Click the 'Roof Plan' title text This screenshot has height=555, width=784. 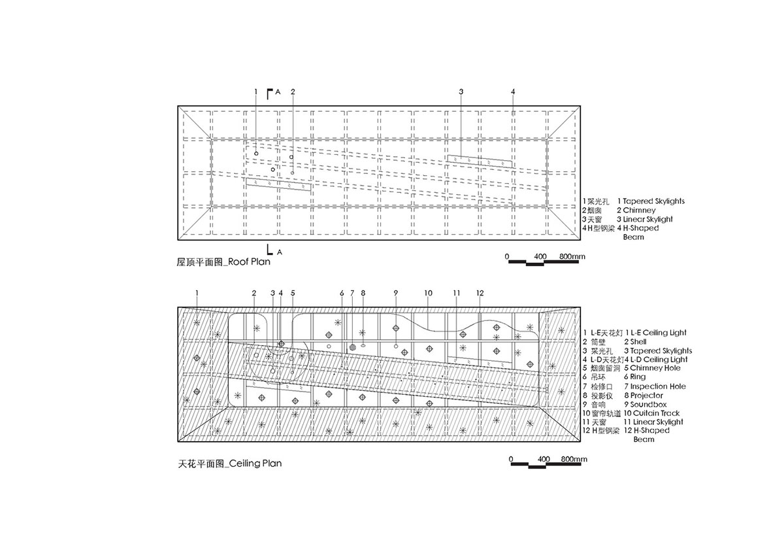coord(249,262)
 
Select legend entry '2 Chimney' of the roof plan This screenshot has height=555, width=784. coord(636,210)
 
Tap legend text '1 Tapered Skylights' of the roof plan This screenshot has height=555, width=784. coord(651,201)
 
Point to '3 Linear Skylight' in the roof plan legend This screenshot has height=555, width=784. coord(645,220)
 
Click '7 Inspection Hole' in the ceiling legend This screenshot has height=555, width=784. coord(655,386)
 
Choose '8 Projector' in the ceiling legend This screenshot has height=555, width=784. coord(644,395)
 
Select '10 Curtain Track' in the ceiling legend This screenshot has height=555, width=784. coord(652,413)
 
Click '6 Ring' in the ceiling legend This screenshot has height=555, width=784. coord(635,377)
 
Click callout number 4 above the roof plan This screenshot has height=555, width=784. coord(513,92)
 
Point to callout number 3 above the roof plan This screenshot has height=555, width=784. coord(461,92)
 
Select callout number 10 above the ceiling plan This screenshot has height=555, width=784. coord(429,293)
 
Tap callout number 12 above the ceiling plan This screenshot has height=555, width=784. coord(480,293)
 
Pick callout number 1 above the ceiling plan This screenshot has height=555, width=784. coord(197,293)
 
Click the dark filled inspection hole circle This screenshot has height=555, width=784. coord(352,347)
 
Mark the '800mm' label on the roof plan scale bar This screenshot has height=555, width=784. coord(572,256)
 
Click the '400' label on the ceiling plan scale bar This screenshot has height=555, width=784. coord(544,459)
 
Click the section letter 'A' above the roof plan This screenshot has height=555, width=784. coord(278,92)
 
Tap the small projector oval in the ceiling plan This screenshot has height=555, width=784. coord(363,346)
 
